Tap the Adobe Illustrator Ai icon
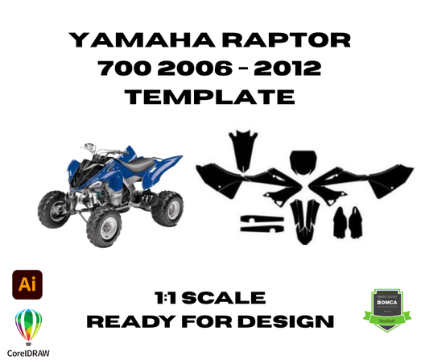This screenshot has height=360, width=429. (29, 286)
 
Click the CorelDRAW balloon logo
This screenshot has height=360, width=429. (29, 327)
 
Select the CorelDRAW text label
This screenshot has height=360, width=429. (29, 352)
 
